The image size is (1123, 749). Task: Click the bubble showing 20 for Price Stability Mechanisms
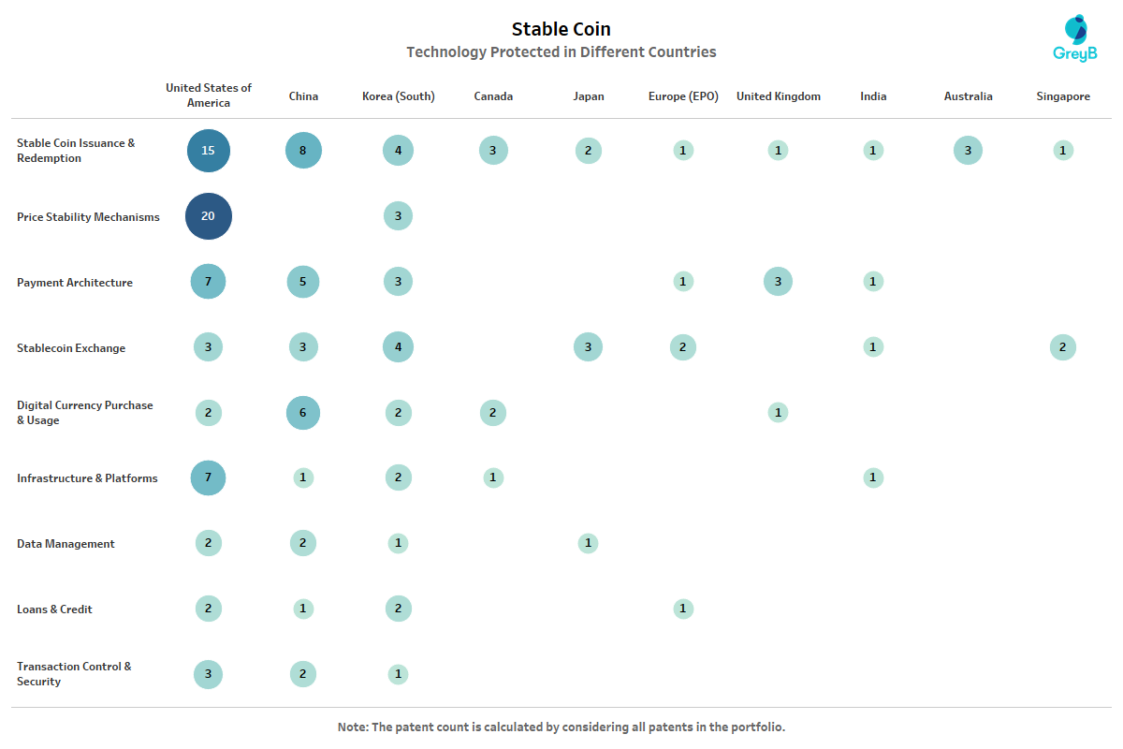pos(208,216)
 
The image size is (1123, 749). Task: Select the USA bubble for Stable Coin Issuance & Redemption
pos(208,151)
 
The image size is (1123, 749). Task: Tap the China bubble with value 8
pos(303,151)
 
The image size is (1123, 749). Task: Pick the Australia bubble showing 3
pos(968,151)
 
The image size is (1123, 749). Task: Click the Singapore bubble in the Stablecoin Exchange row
pos(1063,347)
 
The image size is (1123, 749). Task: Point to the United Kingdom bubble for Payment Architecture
pos(778,282)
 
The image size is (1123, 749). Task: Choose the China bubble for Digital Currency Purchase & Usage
pos(303,413)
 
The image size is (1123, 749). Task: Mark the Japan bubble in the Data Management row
pos(588,543)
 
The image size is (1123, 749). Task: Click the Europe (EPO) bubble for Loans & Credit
pos(683,609)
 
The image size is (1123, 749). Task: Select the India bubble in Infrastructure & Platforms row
pos(873,477)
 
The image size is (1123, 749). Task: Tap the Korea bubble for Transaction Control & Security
pos(398,674)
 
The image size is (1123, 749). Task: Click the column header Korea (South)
pos(398,96)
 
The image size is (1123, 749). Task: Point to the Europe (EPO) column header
pos(683,96)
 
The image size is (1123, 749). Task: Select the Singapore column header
pos(1063,96)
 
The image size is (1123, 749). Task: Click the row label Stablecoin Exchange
pos(70,348)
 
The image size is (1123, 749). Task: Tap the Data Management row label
pos(66,544)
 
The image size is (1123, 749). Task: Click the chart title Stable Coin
pos(561,30)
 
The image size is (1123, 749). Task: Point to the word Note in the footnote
pos(353,727)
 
